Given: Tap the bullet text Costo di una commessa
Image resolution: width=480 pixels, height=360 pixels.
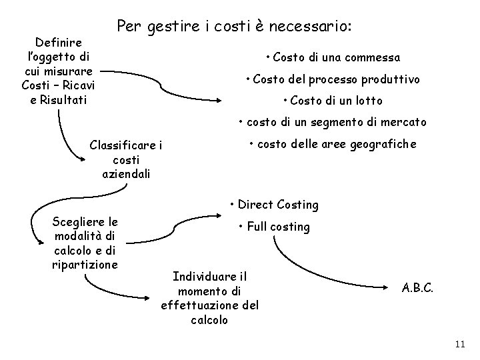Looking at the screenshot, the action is point(333,57).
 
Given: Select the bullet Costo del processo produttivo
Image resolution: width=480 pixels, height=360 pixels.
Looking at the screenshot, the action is point(333,79).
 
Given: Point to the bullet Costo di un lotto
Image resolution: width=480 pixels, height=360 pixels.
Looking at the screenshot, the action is point(333,101).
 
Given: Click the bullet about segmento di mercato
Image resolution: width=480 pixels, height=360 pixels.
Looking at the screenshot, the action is point(333,123).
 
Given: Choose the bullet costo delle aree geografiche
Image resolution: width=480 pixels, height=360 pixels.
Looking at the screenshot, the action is point(333,144).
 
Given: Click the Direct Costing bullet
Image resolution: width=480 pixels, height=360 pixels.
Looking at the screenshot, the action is point(273,205).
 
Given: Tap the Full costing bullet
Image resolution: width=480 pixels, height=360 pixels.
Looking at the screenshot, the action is point(274,227).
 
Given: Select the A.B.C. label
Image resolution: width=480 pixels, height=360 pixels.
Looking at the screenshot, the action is point(418,289).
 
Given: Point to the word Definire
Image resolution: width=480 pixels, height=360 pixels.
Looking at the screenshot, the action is point(59,43).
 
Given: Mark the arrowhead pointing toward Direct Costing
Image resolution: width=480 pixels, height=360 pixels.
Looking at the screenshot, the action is point(224,215).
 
